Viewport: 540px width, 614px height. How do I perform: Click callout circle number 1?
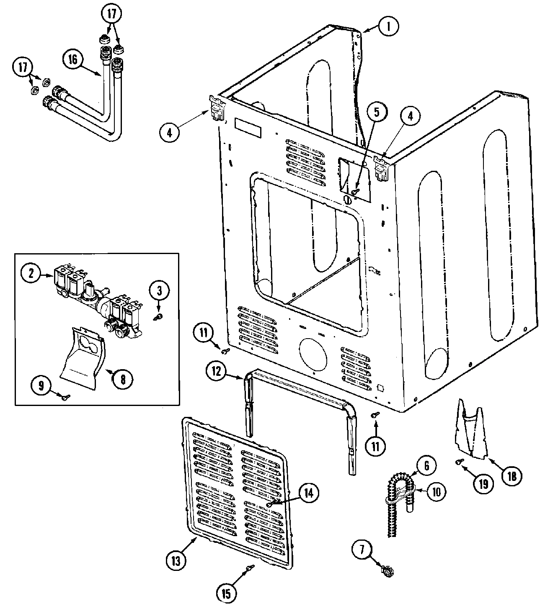(388, 26)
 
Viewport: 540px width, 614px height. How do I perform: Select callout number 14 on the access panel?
(308, 493)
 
